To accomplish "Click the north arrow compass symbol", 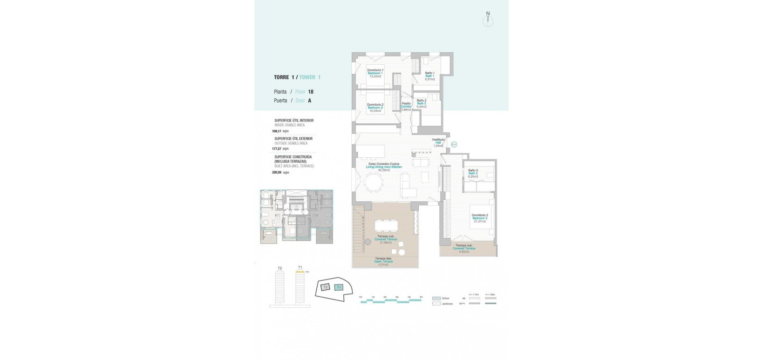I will click(488, 20).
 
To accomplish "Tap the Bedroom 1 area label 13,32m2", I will click(375, 76).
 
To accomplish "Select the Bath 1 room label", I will click(429, 76).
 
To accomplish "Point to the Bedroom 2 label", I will click(375, 108).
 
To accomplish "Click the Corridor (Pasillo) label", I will click(406, 107).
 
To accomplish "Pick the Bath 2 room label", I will click(422, 103).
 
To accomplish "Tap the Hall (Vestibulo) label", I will click(438, 143).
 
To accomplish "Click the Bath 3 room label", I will click(473, 173).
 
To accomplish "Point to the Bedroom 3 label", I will click(479, 218).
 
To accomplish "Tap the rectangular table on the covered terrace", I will click(386, 225).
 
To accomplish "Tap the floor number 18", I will click(311, 92).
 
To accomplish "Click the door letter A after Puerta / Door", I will click(310, 101).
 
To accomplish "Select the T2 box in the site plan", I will click(326, 287).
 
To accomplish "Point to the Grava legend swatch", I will click(436, 298).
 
